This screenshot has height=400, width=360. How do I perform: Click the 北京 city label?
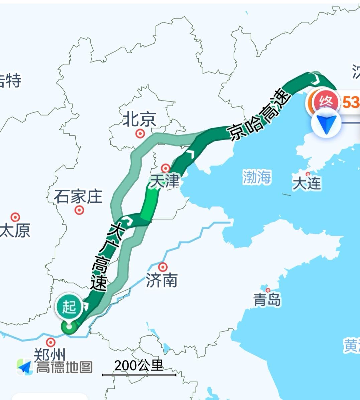139,119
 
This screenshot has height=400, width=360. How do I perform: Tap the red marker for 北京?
140,134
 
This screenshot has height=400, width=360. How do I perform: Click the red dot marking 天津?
166,168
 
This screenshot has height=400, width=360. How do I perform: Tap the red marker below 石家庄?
79,210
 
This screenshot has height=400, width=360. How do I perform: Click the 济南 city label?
162,281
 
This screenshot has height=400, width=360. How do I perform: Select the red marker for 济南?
163,267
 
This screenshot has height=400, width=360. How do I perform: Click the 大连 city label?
307,183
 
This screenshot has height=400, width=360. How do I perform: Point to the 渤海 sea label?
257,177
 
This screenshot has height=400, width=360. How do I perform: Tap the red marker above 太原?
15,217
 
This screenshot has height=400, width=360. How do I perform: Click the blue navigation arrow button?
326,123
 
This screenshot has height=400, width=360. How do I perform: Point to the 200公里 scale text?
139,365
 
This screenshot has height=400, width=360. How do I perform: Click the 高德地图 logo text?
64,367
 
